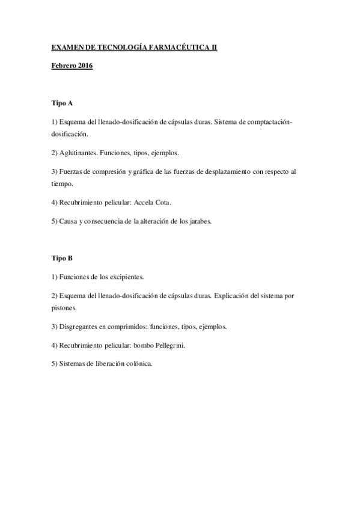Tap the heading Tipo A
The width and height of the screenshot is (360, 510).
point(62,103)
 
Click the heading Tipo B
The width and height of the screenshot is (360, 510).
point(62,258)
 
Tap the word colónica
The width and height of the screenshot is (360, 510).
point(139,363)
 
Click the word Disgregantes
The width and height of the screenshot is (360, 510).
point(81,327)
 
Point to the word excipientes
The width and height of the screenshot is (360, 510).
point(123,277)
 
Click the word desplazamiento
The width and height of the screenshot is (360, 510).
point(225,171)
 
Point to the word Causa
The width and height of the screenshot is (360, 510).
point(70,221)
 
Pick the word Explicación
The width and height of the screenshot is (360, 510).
point(236,296)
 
